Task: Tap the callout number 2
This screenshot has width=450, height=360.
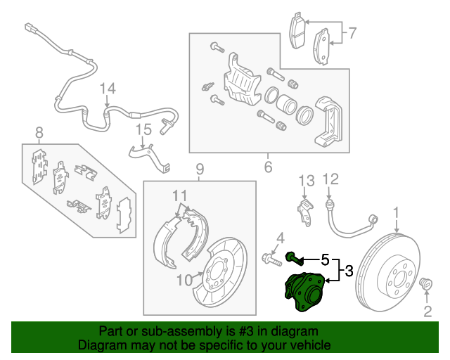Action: [x=427, y=311]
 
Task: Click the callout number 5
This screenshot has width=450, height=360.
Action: [x=325, y=259]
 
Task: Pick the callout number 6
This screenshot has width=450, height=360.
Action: [x=268, y=167]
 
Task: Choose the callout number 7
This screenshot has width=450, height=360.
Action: [x=352, y=32]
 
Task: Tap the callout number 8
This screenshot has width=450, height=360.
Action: [x=39, y=131]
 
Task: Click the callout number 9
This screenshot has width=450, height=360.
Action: [x=200, y=169]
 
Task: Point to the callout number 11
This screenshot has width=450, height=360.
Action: [x=180, y=195]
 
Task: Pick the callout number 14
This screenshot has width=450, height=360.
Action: [x=106, y=88]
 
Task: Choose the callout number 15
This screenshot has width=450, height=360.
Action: [x=143, y=129]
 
